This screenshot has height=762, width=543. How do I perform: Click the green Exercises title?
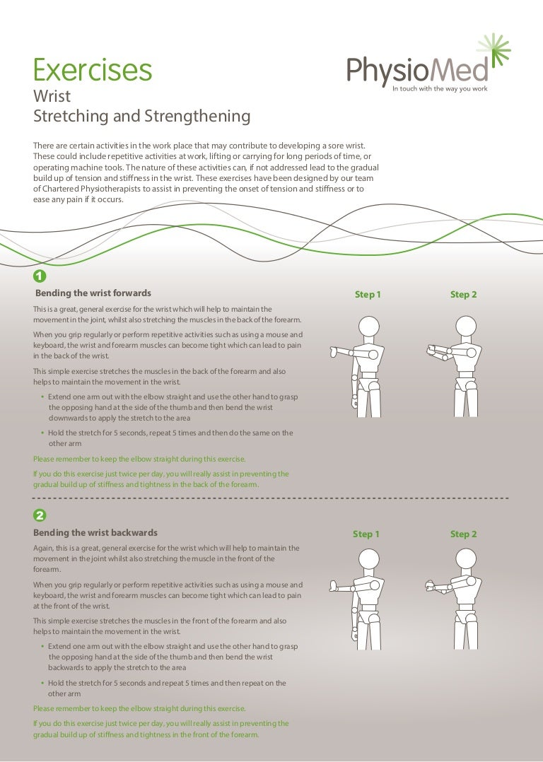point(93,70)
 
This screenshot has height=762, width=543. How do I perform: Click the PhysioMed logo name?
point(417,71)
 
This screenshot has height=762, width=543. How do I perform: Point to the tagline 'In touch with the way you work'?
point(440,89)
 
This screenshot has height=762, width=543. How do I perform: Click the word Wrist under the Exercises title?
point(52,96)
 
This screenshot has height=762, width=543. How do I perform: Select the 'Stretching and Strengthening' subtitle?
point(142,115)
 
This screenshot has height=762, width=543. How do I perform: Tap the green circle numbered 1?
point(40,276)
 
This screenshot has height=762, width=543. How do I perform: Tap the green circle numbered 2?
point(40,516)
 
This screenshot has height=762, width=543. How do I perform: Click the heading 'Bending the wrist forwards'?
point(93,293)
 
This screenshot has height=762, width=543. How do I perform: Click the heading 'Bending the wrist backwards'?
point(96,532)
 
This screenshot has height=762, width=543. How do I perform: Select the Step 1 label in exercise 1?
point(368,295)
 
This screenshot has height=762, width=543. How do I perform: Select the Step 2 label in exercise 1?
point(464,295)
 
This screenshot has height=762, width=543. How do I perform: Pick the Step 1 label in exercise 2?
point(366,534)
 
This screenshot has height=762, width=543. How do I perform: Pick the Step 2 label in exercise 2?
point(464,534)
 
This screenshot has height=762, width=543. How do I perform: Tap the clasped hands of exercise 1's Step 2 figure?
point(433,349)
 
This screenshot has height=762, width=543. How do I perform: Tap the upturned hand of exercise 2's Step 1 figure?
point(334,586)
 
